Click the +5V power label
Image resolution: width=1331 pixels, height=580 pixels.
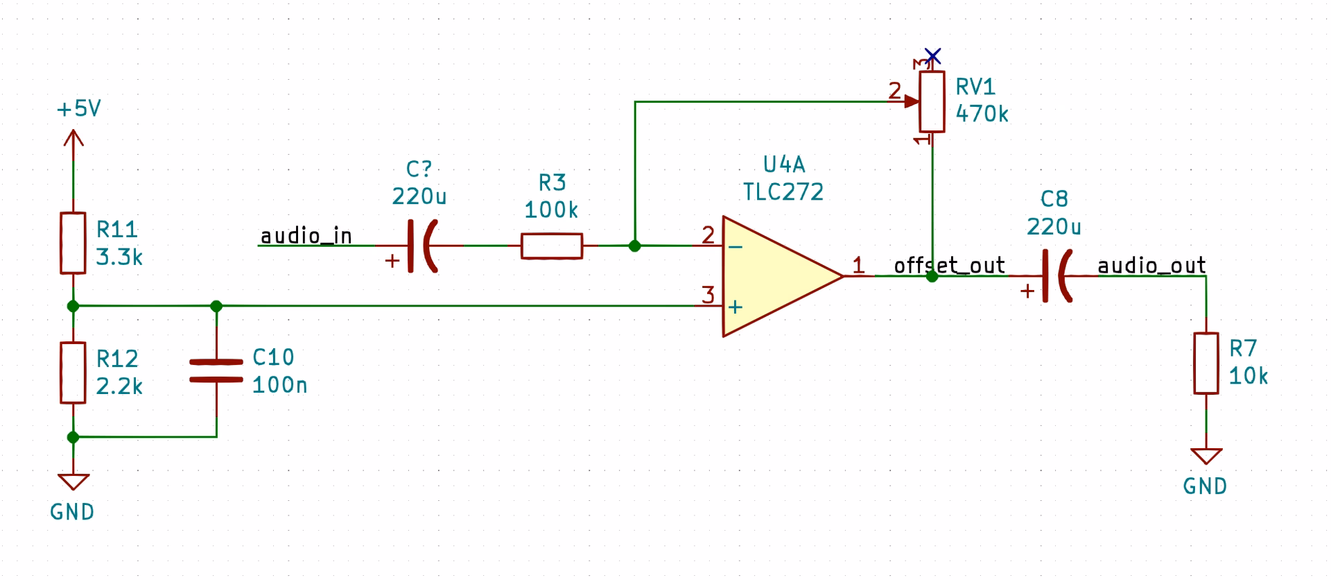coord(78,109)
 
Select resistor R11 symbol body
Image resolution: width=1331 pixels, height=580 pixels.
coord(73,243)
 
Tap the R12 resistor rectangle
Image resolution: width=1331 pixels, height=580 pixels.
coord(73,373)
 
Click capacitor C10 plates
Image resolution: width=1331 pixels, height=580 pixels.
coord(216,370)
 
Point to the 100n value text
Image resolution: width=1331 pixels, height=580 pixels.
coord(279,385)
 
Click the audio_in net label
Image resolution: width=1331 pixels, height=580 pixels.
coord(306,237)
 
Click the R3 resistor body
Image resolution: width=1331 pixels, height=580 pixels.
coord(551,246)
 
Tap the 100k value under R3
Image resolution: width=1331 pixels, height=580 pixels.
coord(551,210)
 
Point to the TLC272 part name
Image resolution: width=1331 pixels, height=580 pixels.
coord(783,192)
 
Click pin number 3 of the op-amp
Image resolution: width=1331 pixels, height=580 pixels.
coord(707,295)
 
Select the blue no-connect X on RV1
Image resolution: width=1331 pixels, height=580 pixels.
coord(933,56)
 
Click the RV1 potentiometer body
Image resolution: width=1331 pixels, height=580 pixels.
coord(932,102)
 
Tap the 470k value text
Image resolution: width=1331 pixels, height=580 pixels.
coord(982,114)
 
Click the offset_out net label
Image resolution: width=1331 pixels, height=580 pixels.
coord(949,266)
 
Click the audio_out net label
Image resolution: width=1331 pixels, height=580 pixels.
coord(1151,266)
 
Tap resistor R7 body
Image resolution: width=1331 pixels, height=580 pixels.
coord(1206,364)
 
